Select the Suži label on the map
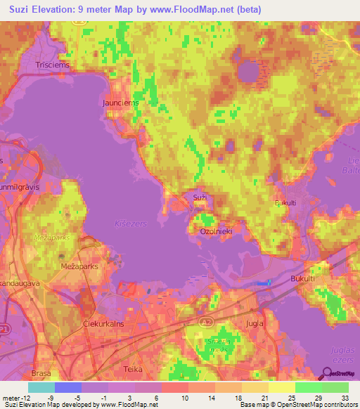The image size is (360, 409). pos(200,197)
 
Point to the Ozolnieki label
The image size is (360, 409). pos(217,230)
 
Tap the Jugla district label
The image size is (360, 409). pos(255,323)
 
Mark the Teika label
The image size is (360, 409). pos(132,369)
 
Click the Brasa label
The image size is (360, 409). pos(42,373)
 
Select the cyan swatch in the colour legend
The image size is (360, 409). pos(41,387)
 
